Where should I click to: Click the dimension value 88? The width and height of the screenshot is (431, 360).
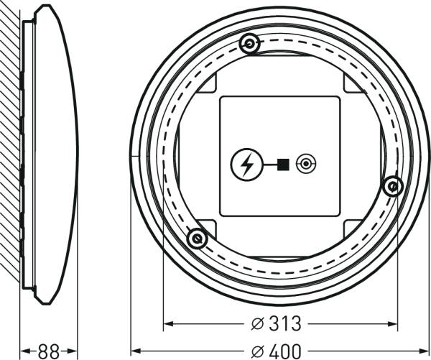click(x=48, y=351)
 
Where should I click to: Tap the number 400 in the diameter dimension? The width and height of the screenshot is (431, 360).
click(x=285, y=351)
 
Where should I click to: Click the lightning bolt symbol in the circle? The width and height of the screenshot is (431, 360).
click(x=246, y=165)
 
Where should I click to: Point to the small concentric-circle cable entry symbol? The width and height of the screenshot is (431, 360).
click(x=307, y=165)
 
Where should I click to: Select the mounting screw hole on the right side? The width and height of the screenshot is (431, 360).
click(x=392, y=187)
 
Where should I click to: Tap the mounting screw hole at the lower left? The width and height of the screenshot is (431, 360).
click(x=196, y=238)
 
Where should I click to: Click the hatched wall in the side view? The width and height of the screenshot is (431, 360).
click(x=10, y=144)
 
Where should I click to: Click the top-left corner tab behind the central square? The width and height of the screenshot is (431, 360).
click(x=208, y=85)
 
